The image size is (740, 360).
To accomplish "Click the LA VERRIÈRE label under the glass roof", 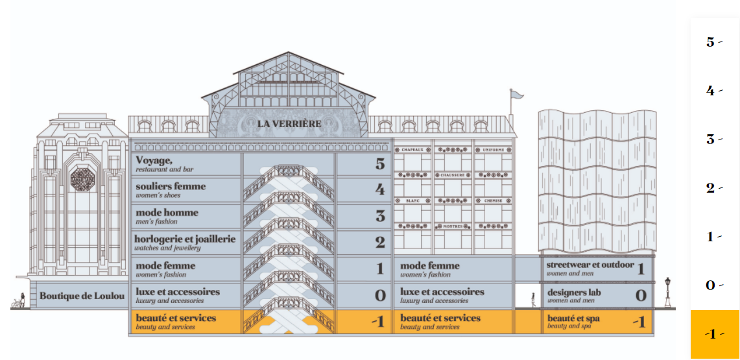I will coord(289,123).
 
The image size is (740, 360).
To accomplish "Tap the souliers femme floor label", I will coord(170,189).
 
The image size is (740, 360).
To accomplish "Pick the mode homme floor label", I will coord(167,215).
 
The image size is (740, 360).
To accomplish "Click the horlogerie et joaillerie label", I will coord(185,242).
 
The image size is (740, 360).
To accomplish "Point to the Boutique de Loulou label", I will coord(82,296).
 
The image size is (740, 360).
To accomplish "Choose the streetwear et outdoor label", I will coord(590,268).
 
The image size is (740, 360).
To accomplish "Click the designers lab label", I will coord(574,295).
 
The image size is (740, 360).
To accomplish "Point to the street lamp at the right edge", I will coord(667,291).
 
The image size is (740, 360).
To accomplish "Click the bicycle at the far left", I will coord(16,303).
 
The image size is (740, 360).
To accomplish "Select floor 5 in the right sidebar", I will coord(711,42).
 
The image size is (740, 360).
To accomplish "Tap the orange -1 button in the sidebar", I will coord(714,334).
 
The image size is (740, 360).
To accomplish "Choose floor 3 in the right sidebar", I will coord(711,139).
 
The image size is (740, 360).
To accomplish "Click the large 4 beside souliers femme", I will coord(379,190).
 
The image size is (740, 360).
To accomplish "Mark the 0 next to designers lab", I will coord(640,296).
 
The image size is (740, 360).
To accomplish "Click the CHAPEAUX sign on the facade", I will coord(413,150).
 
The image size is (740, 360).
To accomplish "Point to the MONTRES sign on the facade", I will coord(453,226).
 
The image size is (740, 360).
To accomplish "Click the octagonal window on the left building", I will coord(82,178).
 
